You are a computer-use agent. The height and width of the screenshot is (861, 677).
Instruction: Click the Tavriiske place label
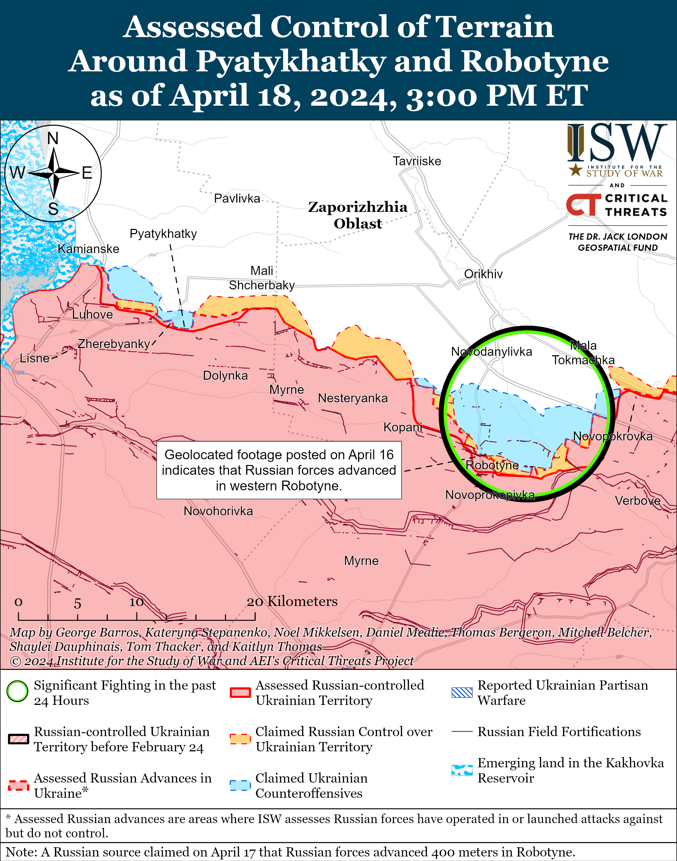tap(417, 161)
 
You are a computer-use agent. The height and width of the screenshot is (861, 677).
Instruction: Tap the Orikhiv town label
tap(483, 274)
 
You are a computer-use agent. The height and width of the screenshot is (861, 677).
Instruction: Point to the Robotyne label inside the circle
tap(492, 465)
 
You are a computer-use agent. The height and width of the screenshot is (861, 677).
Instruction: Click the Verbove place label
tap(637, 501)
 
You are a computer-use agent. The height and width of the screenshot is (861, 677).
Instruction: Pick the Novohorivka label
tap(218, 511)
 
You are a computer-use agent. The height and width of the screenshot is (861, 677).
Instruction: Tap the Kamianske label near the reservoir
tap(88, 249)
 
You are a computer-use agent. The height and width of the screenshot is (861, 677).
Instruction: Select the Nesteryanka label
tap(353, 398)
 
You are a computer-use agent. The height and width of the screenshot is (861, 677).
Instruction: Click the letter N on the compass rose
tap(53, 138)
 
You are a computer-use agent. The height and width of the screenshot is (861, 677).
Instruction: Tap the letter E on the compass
tap(87, 173)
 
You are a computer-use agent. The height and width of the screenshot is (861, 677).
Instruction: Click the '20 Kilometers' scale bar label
tap(292, 601)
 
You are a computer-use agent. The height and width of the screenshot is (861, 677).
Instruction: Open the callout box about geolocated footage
tap(279, 470)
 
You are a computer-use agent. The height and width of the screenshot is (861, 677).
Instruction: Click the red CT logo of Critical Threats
tap(583, 204)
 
